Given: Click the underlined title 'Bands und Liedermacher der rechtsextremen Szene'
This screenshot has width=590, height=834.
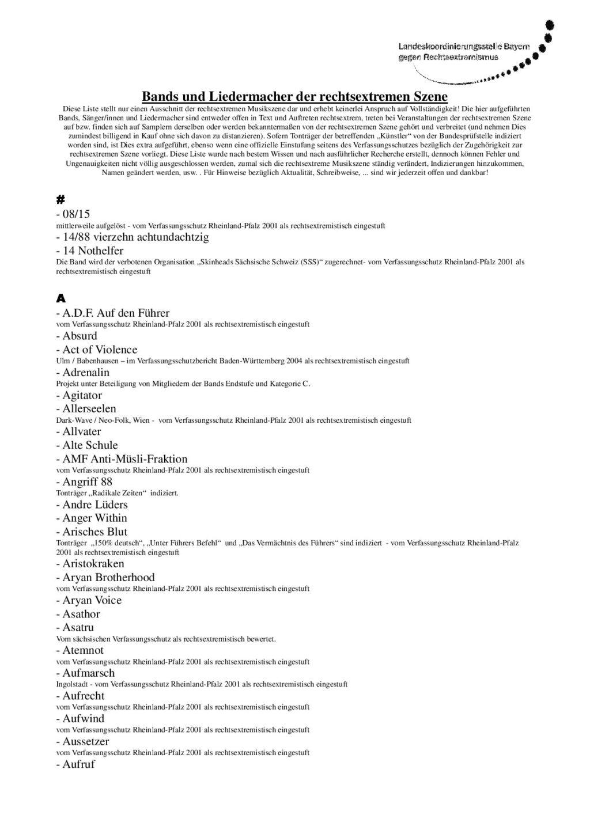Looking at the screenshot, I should point(294,96).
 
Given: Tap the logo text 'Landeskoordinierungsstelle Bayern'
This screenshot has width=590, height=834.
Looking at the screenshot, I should point(463,46).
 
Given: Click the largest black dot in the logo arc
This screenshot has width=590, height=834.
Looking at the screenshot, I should point(550,25).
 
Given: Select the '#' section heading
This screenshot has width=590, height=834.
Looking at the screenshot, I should point(60,199).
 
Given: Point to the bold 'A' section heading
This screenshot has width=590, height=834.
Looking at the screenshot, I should point(60,299).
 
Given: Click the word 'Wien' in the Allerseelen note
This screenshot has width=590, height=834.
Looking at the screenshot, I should point(141,420).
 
